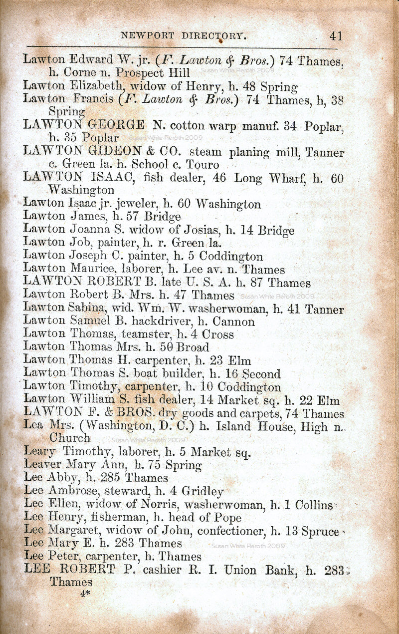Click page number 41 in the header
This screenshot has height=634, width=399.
[336, 36]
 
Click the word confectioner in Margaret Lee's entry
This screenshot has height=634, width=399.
[233, 531]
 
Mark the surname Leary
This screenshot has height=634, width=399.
[39, 453]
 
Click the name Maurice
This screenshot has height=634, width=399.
[87, 270]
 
